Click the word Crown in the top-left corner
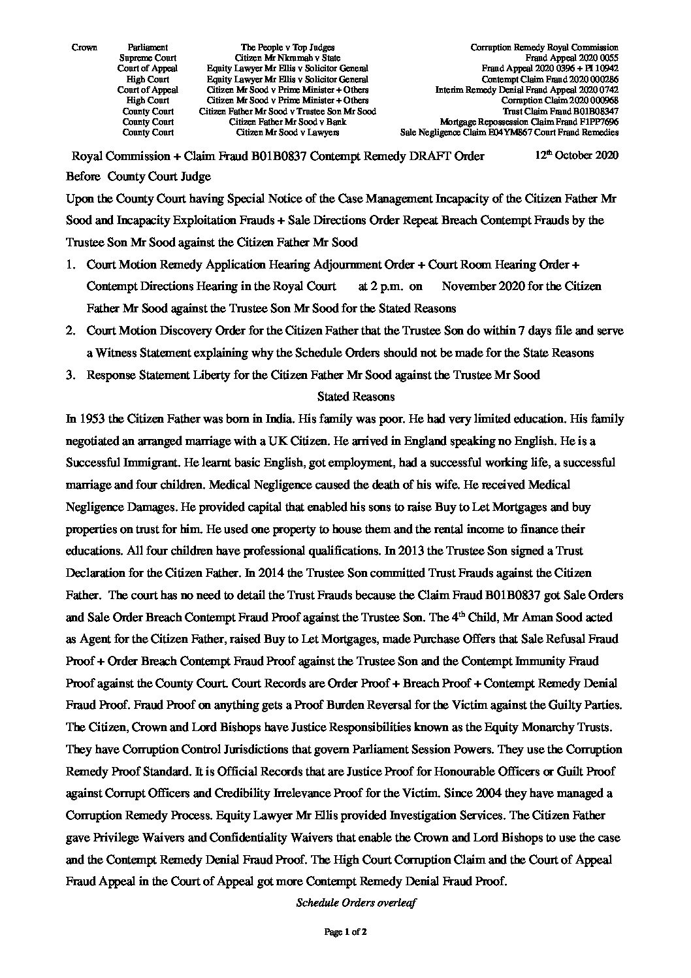(x=84, y=47)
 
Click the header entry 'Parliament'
(x=148, y=47)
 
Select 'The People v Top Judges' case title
(x=287, y=47)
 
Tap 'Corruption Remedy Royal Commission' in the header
(x=544, y=47)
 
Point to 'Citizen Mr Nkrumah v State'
(x=287, y=57)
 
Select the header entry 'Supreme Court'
(x=148, y=57)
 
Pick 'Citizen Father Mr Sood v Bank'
(x=287, y=122)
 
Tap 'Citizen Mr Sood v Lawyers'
(x=287, y=132)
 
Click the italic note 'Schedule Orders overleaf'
(x=357, y=904)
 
